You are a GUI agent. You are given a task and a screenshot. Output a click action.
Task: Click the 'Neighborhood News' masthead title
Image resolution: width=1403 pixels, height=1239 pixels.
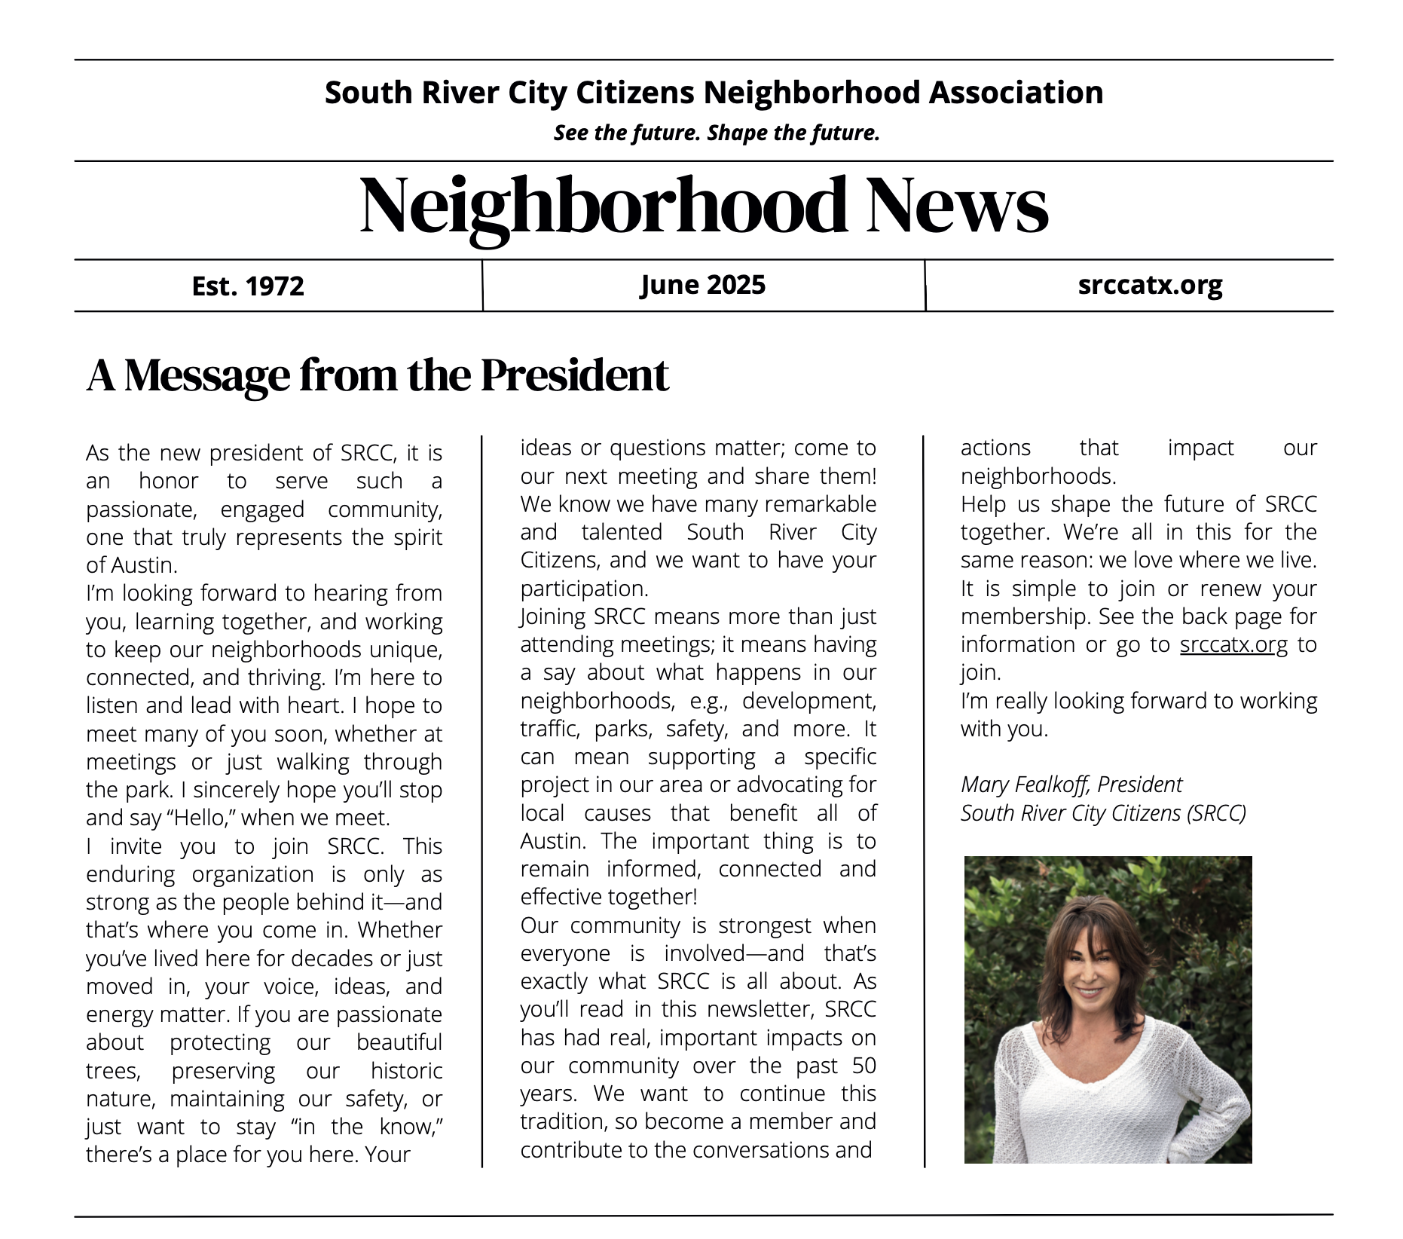pyautogui.click(x=704, y=206)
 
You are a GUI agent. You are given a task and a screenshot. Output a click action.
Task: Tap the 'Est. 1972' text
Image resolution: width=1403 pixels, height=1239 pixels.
pyautogui.click(x=248, y=286)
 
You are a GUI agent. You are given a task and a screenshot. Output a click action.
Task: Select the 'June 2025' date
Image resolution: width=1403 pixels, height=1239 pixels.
pyautogui.click(x=702, y=285)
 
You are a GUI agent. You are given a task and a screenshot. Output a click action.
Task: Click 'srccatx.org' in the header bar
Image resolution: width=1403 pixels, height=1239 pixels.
pyautogui.click(x=1150, y=285)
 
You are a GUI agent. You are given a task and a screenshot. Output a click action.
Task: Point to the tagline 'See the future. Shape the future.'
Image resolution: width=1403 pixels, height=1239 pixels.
pyautogui.click(x=717, y=133)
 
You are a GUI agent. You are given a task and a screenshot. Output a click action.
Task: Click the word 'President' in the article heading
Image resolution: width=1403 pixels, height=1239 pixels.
pyautogui.click(x=574, y=375)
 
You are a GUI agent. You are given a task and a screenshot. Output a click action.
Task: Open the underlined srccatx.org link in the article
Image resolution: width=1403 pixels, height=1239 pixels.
pyautogui.click(x=1233, y=645)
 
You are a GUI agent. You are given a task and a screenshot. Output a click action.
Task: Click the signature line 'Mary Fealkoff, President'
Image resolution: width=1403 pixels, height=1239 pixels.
pyautogui.click(x=1071, y=785)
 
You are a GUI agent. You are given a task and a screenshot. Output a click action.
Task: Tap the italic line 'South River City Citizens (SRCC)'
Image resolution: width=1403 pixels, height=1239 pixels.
pyautogui.click(x=1103, y=813)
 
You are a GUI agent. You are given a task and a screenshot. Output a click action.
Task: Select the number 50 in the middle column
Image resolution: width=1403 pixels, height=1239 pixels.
pyautogui.click(x=864, y=1066)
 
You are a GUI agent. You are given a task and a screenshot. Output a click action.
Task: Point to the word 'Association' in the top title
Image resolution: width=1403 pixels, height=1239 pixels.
pyautogui.click(x=1016, y=93)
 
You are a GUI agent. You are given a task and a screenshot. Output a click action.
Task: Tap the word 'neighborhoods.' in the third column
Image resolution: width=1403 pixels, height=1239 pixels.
pyautogui.click(x=1038, y=476)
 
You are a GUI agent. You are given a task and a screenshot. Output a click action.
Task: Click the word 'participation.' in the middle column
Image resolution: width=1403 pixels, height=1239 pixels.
pyautogui.click(x=584, y=589)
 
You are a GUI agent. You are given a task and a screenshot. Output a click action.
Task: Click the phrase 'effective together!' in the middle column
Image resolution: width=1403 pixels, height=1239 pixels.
pyautogui.click(x=609, y=897)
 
